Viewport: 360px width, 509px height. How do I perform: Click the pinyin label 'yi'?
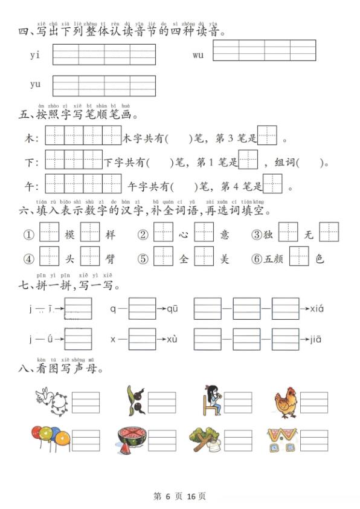point(34,55)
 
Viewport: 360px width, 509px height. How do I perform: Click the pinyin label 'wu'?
point(198,55)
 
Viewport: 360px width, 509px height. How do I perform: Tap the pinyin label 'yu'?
point(35,85)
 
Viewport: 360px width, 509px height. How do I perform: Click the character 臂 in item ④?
point(110,259)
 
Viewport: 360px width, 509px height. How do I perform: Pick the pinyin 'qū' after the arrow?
point(173,309)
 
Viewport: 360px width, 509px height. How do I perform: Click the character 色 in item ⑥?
point(320,259)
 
